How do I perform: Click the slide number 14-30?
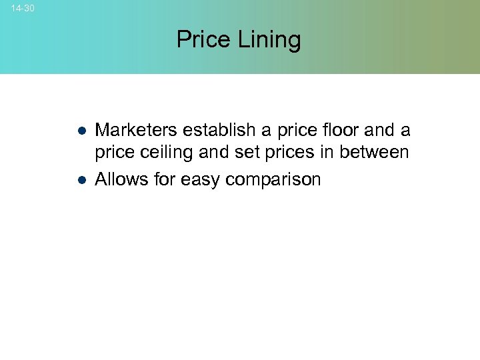coord(23,8)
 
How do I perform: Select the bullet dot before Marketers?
coord(81,130)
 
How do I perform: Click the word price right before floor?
coord(295,130)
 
